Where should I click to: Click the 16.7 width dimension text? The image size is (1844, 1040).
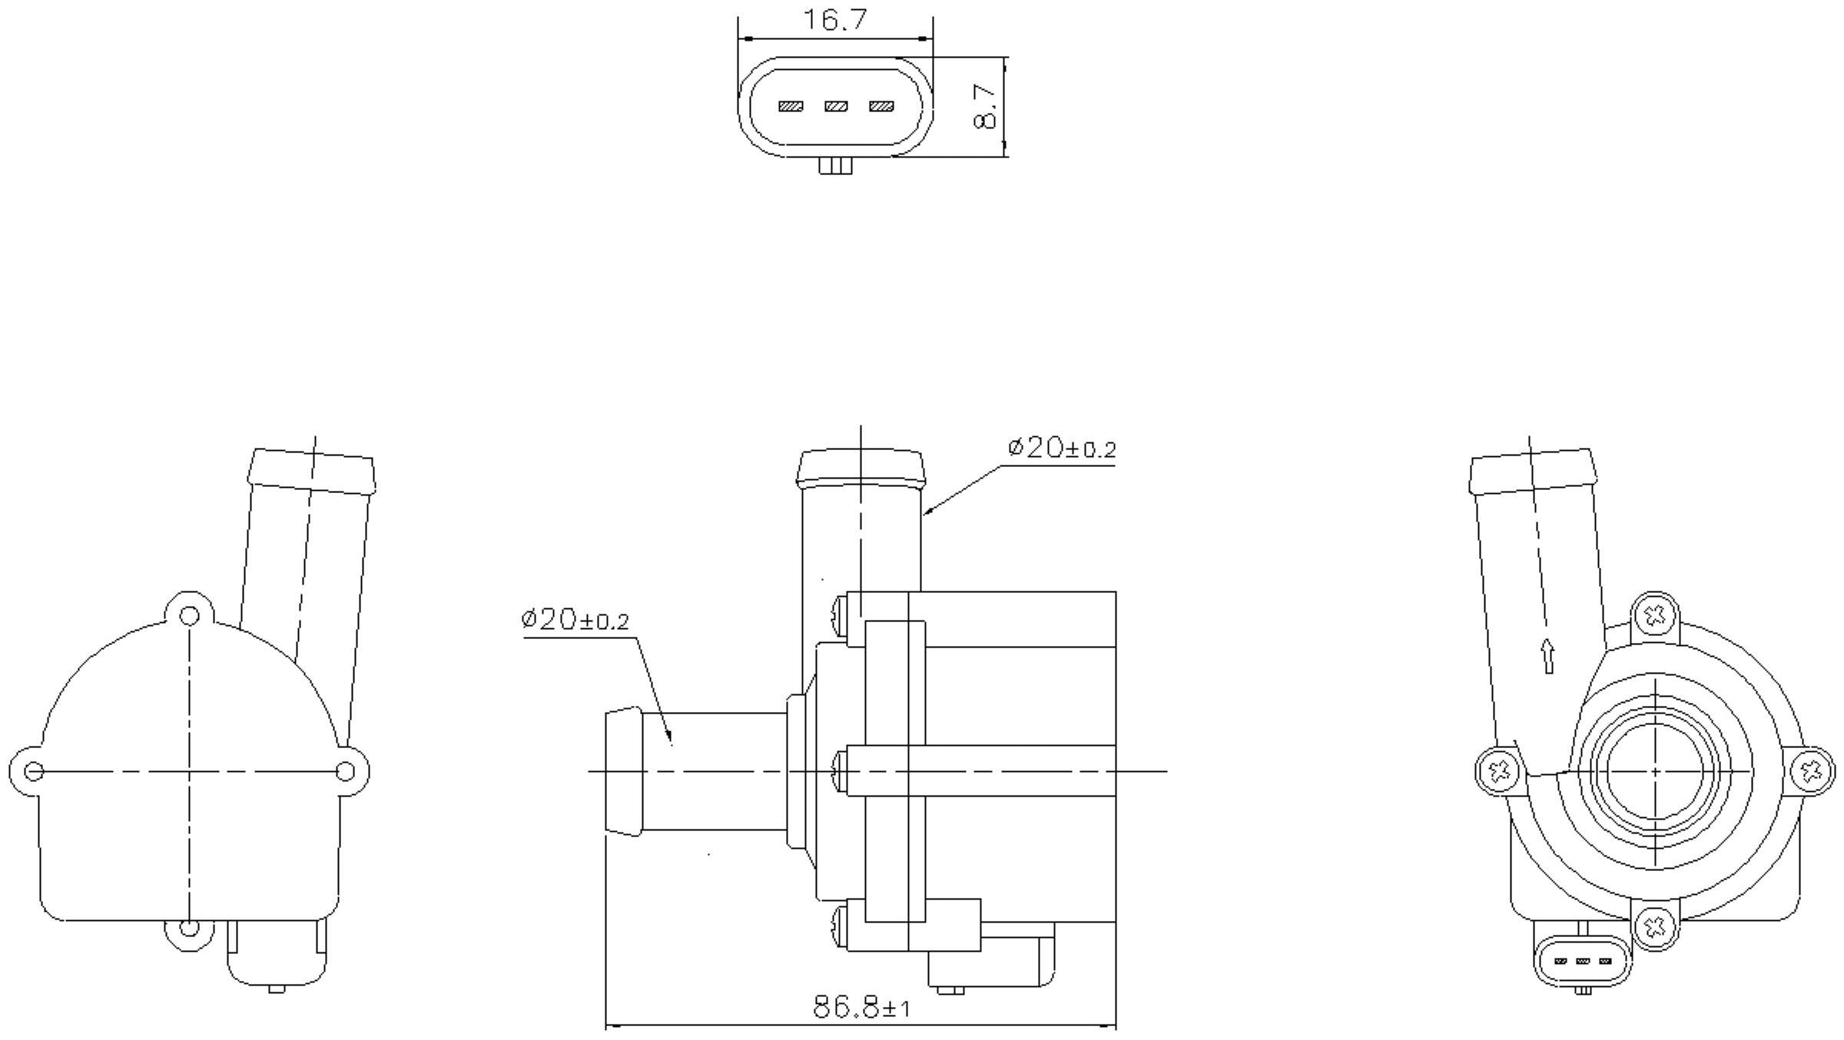[834, 21]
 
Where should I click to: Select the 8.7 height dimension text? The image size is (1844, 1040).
[985, 107]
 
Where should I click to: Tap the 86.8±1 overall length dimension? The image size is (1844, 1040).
[861, 1007]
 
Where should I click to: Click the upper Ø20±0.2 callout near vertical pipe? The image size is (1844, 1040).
[1061, 449]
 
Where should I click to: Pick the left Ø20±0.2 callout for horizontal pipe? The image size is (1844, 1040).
[575, 620]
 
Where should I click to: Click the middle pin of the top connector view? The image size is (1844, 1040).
[836, 107]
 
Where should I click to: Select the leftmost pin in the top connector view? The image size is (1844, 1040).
[791, 107]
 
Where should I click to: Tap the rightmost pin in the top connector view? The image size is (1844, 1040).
[881, 107]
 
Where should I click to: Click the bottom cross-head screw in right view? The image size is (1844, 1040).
[1654, 927]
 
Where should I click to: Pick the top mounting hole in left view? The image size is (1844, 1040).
[189, 616]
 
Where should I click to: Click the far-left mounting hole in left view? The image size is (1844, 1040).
[33, 770]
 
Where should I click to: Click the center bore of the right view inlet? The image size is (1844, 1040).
[1654, 770]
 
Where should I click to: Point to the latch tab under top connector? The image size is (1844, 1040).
[835, 166]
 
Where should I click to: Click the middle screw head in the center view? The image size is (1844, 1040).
[838, 770]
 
